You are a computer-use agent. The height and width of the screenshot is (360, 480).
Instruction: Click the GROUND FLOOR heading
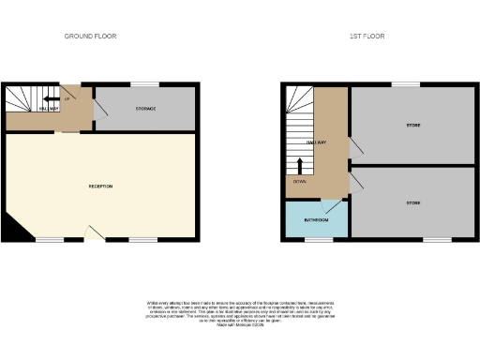tap(90, 37)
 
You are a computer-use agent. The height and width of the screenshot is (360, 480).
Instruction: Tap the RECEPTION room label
tap(100, 187)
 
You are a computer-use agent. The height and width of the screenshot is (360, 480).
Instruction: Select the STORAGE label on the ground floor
tap(144, 110)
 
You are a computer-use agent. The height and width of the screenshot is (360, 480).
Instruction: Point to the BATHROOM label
tap(315, 220)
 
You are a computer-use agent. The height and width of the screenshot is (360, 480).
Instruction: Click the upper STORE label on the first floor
tap(412, 125)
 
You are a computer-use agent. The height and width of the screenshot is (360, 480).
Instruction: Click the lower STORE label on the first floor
tap(412, 202)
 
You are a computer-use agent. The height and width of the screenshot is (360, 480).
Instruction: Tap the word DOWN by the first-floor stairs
tap(299, 181)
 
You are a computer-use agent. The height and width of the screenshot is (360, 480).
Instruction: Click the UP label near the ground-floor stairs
tap(68, 98)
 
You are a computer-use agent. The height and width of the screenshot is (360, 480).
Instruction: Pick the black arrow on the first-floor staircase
tap(300, 166)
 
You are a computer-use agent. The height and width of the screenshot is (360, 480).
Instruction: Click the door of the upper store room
tap(355, 147)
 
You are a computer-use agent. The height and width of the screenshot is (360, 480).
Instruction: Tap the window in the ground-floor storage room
tap(145, 86)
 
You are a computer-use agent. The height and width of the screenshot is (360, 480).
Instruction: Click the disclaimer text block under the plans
tap(240, 312)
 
